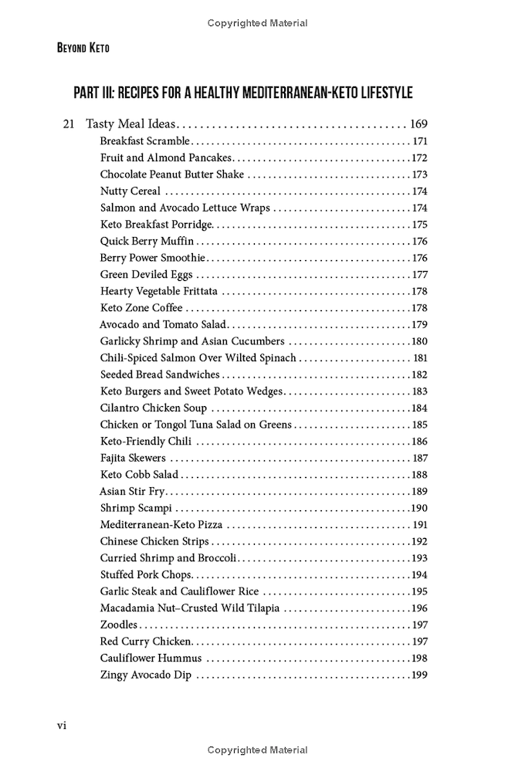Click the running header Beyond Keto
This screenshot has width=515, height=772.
coord(83,48)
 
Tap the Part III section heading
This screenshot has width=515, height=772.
coord(242,93)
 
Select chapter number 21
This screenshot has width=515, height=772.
coord(68,124)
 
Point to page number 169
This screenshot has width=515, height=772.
coord(418,124)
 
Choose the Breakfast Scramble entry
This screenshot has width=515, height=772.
coord(144,141)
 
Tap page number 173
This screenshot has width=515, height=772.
coord(419,174)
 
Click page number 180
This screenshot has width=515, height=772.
coord(419,341)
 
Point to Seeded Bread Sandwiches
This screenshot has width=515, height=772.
coord(160,374)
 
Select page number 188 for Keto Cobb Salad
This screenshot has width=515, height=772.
coord(419,475)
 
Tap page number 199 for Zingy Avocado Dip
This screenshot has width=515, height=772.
coord(419,675)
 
